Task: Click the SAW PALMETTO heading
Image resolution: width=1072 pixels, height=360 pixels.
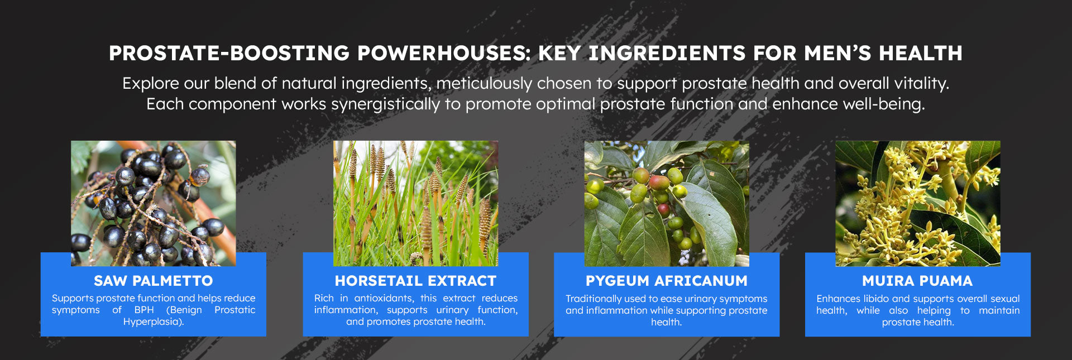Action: point(153,281)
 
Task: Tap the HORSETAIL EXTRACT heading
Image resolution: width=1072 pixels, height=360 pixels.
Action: point(415,281)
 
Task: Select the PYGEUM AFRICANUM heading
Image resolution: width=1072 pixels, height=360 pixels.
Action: point(667,281)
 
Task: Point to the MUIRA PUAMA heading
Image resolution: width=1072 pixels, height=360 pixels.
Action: point(917,281)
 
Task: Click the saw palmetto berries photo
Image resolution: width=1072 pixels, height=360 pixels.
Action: point(153,203)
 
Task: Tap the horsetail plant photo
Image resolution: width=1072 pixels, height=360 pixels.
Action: point(415,203)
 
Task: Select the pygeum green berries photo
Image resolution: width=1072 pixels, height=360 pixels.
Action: point(667,203)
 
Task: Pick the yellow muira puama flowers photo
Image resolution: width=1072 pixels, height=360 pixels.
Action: point(917,203)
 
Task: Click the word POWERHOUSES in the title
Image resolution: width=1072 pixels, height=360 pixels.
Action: point(444,53)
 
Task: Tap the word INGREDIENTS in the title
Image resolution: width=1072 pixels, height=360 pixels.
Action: point(667,53)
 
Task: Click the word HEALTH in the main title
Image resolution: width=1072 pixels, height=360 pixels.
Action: point(921,53)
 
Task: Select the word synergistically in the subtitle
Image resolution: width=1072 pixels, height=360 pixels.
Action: point(386,104)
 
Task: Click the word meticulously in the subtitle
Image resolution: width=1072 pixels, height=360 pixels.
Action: point(484,84)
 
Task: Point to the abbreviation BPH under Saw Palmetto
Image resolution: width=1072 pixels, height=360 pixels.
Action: point(144,310)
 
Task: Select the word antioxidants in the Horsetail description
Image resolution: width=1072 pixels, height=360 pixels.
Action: point(384,298)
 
